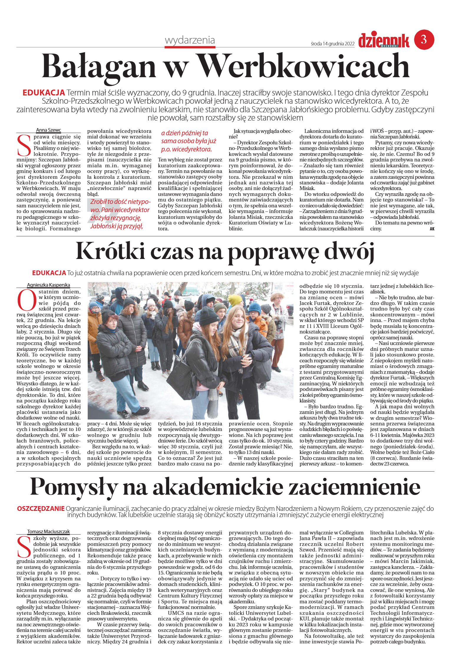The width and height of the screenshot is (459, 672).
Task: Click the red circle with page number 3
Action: (424, 40)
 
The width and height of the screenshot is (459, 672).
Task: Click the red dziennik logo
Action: (384, 40)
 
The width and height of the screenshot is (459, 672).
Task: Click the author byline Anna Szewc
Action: (48, 130)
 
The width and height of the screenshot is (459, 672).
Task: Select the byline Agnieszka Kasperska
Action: (48, 285)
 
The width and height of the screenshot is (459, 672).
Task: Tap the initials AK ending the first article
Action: (432, 229)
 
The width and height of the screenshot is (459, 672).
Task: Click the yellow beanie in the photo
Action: (235, 300)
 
